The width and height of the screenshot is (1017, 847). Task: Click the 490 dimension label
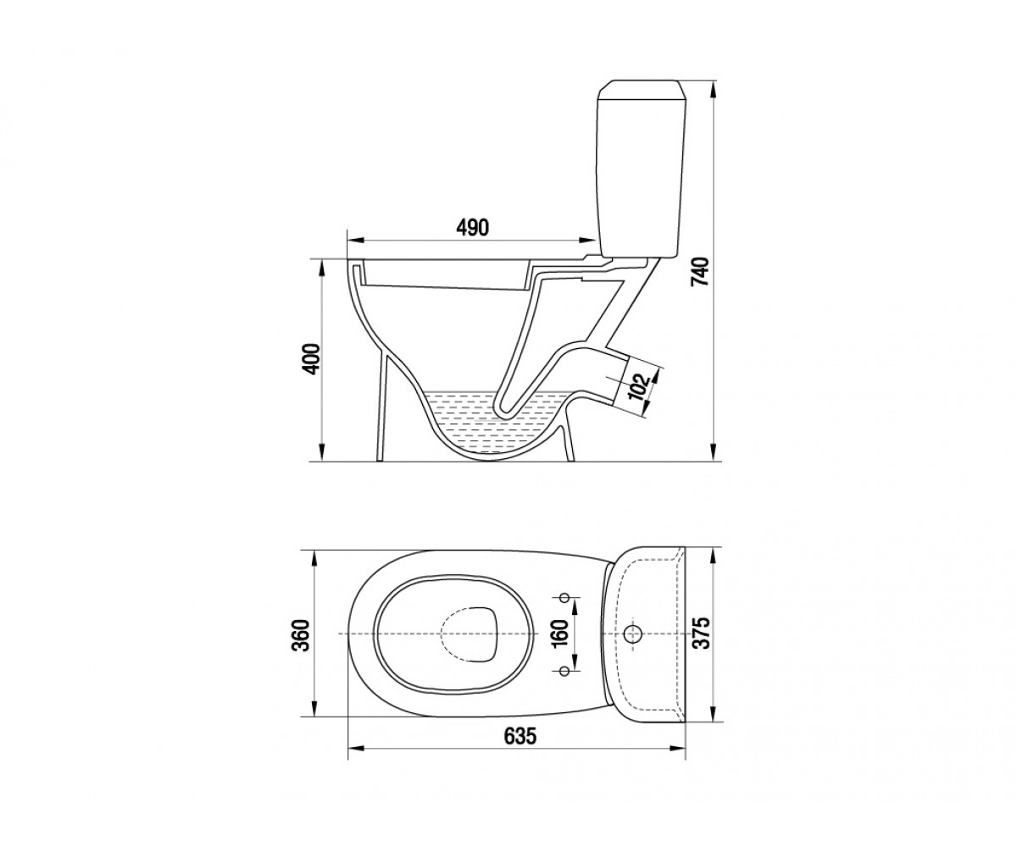pos(472,227)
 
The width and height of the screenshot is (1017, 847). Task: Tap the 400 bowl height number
pos(312,359)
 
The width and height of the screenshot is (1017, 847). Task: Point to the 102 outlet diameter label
pos(639,386)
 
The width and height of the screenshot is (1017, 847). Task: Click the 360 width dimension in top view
pos(302,635)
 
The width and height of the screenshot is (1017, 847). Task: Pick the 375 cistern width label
pos(702,633)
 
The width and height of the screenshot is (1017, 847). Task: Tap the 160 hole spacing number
pos(561,633)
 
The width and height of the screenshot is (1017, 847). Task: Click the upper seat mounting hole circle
pos(565,597)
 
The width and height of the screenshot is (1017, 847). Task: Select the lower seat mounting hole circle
pos(564,671)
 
